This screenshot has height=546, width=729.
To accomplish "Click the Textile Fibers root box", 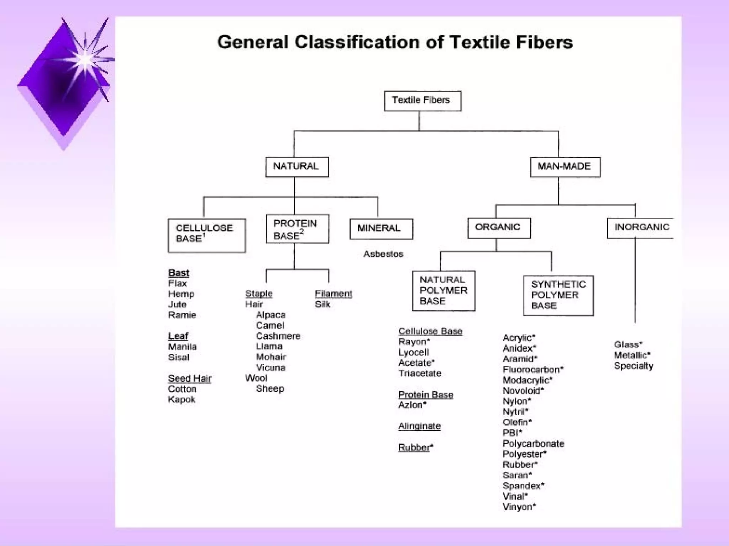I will pyautogui.click(x=423, y=101).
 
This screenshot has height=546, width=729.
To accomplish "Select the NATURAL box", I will pyautogui.click(x=297, y=167).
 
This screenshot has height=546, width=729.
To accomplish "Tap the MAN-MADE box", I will pyautogui.click(x=565, y=167).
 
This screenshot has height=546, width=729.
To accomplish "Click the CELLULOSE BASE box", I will pyautogui.click(x=207, y=235).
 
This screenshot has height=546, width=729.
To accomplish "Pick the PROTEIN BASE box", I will pyautogui.click(x=297, y=229).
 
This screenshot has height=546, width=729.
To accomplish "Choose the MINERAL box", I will pyautogui.click(x=381, y=229).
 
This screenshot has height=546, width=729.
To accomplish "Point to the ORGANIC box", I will pyautogui.click(x=499, y=227).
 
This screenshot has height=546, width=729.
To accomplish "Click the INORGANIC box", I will pyautogui.click(x=641, y=227).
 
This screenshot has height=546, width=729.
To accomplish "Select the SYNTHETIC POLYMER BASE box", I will pyautogui.click(x=558, y=295).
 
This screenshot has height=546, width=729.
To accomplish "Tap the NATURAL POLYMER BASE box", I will pyautogui.click(x=444, y=291).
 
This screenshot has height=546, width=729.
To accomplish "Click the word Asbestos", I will pyautogui.click(x=383, y=254).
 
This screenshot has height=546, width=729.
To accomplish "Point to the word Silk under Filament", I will pyautogui.click(x=322, y=304).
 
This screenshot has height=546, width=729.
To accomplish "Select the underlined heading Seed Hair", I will pyautogui.click(x=190, y=379).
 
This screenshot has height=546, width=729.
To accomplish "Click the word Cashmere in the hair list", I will pyautogui.click(x=278, y=336).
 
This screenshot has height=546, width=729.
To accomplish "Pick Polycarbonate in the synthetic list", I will pyautogui.click(x=533, y=444).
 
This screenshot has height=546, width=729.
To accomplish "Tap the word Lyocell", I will pyautogui.click(x=413, y=352).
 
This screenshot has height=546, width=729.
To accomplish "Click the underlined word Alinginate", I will pyautogui.click(x=419, y=426).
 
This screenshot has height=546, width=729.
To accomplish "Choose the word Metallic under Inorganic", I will pyautogui.click(x=631, y=355).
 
